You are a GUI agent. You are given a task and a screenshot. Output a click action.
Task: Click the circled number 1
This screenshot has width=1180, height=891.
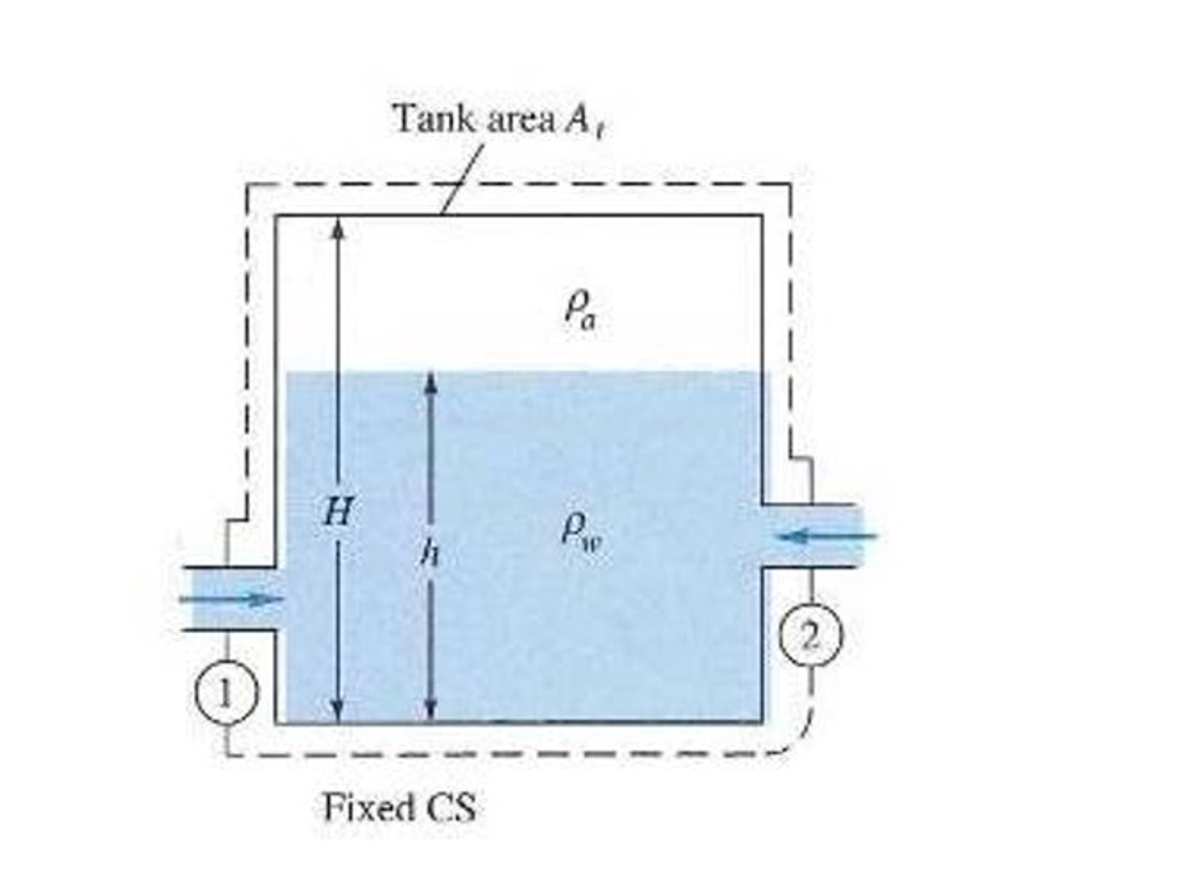click(x=225, y=692)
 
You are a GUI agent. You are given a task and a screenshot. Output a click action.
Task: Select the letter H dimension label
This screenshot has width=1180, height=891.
click(x=337, y=511)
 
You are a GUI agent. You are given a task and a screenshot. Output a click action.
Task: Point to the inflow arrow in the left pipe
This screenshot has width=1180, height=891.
click(x=231, y=599)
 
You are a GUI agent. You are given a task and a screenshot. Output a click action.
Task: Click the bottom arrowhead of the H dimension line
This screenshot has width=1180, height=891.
click(x=339, y=710)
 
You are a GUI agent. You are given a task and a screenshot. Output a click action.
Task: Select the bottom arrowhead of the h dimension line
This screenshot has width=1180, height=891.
click(x=430, y=710)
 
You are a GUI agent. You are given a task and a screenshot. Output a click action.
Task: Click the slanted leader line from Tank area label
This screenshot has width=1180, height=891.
click(x=463, y=179)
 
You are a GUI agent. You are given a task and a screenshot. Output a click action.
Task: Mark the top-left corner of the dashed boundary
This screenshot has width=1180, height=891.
click(x=247, y=185)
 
